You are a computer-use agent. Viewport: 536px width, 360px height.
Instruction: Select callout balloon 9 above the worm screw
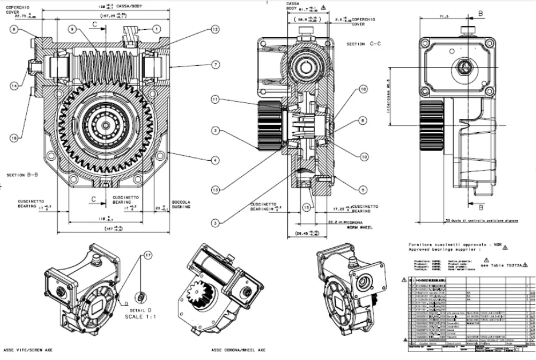click(72, 28)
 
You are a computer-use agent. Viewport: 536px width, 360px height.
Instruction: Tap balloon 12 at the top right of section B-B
click(215, 29)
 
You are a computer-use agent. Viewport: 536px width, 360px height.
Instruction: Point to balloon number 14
click(14, 85)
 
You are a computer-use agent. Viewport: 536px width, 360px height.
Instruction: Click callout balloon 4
click(215, 161)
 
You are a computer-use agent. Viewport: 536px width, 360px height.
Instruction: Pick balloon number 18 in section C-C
click(363, 90)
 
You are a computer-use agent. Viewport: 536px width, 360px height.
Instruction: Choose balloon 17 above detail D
click(148, 255)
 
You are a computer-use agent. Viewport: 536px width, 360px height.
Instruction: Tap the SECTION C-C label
click(364, 43)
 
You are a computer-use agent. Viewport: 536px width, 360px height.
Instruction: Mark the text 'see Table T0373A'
click(505, 266)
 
